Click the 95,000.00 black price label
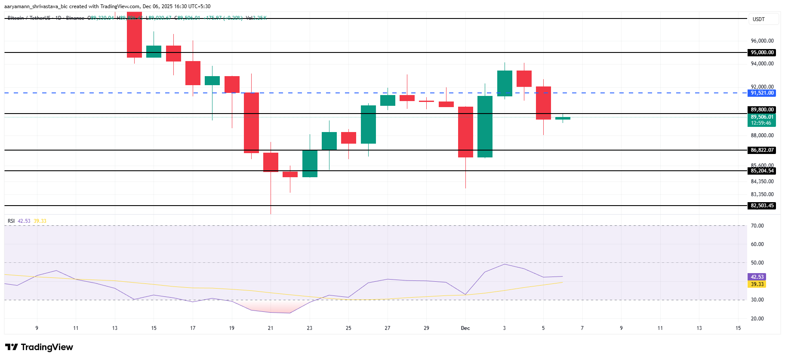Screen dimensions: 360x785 pos(762,52)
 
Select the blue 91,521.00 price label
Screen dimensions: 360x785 pos(762,93)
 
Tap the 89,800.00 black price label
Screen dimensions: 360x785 pos(762,110)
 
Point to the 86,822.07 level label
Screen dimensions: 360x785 pos(762,150)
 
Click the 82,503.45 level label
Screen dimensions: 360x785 pos(762,206)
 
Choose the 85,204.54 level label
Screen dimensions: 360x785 pos(762,171)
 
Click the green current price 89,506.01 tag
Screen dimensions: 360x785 pos(762,117)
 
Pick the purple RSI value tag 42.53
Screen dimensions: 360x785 pos(757,277)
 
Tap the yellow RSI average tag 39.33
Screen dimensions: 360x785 pos(757,284)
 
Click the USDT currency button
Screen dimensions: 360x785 pos(759,19)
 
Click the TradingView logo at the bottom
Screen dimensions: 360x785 pos(39,347)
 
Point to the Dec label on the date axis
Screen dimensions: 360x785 pos(465,328)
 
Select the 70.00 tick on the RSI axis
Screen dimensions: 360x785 pos(757,226)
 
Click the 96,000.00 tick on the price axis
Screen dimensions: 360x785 pos(762,41)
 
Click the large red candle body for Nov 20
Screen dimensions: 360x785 pos(251,123)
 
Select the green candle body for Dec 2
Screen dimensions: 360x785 pos(485,126)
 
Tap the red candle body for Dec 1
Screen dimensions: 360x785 pos(465,132)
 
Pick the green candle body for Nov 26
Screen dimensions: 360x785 pos(368,124)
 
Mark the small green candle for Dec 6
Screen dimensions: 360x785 pos(563,118)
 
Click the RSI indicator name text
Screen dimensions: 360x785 pos(11,221)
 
